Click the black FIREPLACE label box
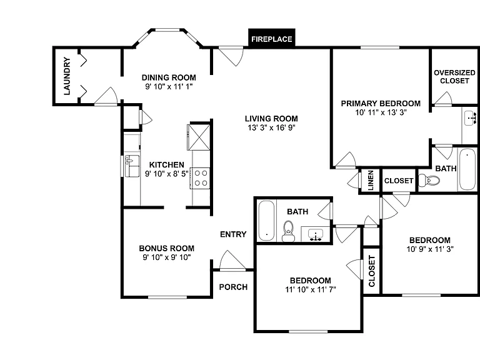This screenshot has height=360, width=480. pos(271,38)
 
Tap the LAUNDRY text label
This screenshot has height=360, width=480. pos(67,76)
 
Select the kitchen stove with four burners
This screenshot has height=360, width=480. pos(200,178)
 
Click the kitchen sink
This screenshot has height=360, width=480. pos(132,166)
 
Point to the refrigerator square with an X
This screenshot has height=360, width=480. pos(199,137)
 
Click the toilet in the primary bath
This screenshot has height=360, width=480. pos(429,180)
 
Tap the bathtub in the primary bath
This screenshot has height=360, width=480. pos(467,169)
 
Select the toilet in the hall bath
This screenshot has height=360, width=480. pos(288,231)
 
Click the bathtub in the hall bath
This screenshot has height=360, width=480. pos(266,221)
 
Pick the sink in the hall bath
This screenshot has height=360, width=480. pos(315,234)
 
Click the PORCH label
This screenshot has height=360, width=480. pos(233,287)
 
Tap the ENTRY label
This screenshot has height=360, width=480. pos(233,234)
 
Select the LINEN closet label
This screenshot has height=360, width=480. pos(371,181)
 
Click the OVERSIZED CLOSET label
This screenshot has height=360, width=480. pos(454,76)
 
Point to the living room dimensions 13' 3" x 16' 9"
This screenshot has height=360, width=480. pos(271,127)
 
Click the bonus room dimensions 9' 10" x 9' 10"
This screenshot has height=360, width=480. pos(167,257)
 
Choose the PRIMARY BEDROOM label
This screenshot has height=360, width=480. pos(381,104)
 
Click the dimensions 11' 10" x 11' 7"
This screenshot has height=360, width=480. pos(311,289)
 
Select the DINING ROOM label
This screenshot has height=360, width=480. pos(169,77)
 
